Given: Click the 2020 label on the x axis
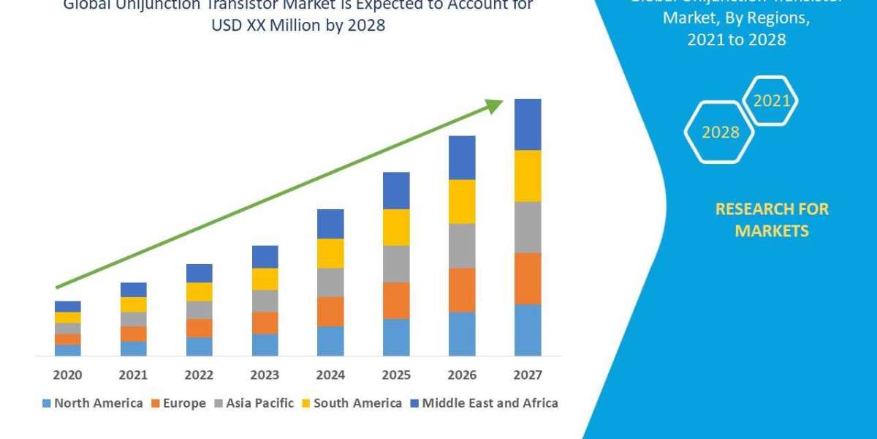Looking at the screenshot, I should [x=67, y=375].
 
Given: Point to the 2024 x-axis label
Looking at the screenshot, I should [x=330, y=375].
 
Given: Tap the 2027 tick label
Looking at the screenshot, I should [x=528, y=375].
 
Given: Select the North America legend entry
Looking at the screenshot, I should [x=93, y=403].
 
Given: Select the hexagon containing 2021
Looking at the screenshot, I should [x=770, y=101].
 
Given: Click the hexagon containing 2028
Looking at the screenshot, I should [x=720, y=132].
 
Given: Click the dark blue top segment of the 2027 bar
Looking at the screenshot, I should [x=528, y=124].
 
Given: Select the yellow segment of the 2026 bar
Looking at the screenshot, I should [x=462, y=201].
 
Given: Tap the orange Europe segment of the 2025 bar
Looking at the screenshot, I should [x=396, y=300].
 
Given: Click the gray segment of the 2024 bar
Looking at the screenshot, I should [x=330, y=282].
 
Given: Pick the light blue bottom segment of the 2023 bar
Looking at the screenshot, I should [x=265, y=345].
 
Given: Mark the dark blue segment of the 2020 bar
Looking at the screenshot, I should [x=67, y=306].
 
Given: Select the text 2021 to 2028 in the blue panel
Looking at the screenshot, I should [x=736, y=40].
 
